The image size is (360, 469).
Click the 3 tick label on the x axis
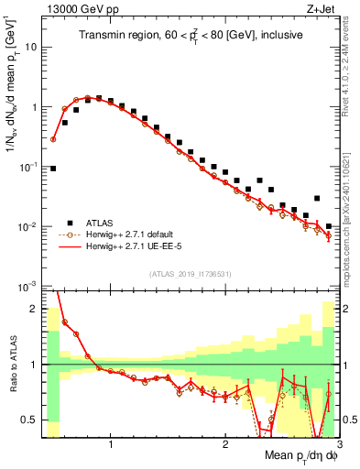pyautogui.click(x=338, y=443)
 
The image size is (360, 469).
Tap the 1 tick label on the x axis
pyautogui.click(x=111, y=443)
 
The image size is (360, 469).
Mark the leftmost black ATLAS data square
pyautogui.click(x=53, y=169)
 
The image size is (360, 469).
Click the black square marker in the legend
pyautogui.click(x=70, y=222)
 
